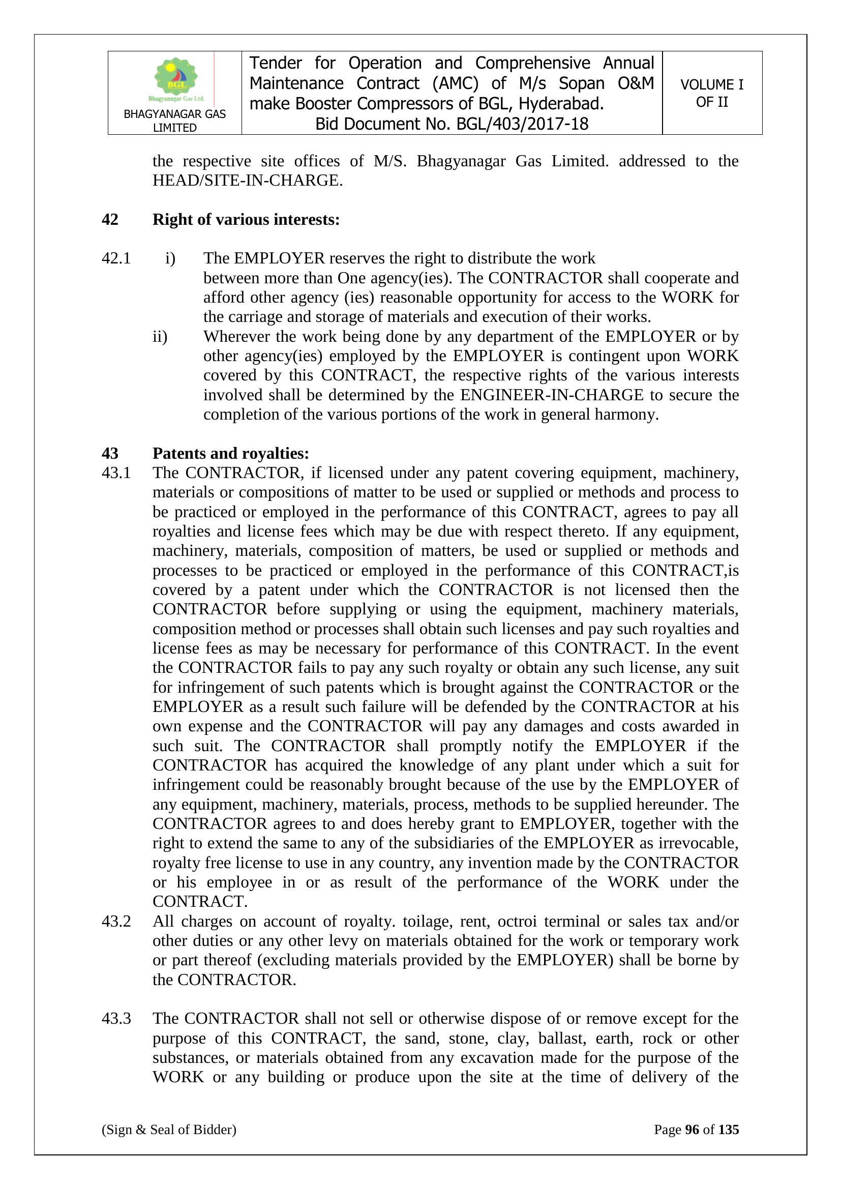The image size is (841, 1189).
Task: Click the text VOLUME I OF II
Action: pyautogui.click(x=711, y=93)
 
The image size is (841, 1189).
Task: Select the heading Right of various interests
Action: pyautogui.click(x=246, y=220)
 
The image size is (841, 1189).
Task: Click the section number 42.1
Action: pyautogui.click(x=116, y=258)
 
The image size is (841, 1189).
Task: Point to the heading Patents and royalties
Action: pyautogui.click(x=230, y=453)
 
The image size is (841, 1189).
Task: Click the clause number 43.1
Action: pyautogui.click(x=116, y=473)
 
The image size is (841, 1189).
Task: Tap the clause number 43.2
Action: pyautogui.click(x=116, y=922)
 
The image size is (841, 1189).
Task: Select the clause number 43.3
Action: pyautogui.click(x=116, y=1019)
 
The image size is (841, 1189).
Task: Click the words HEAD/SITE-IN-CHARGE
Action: pyautogui.click(x=247, y=181)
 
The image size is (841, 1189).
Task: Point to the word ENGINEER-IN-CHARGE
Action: pyautogui.click(x=552, y=395)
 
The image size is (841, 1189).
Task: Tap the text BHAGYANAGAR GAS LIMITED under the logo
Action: pyautogui.click(x=174, y=121)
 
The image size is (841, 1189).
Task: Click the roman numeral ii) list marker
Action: pyautogui.click(x=160, y=337)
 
